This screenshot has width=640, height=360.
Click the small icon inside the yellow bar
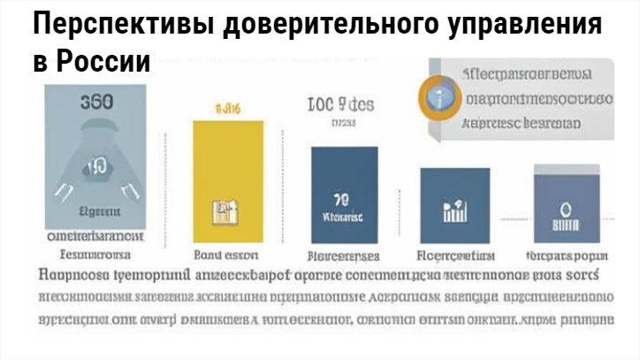(x=223, y=211)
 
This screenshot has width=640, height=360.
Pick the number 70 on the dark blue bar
(x=344, y=198)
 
